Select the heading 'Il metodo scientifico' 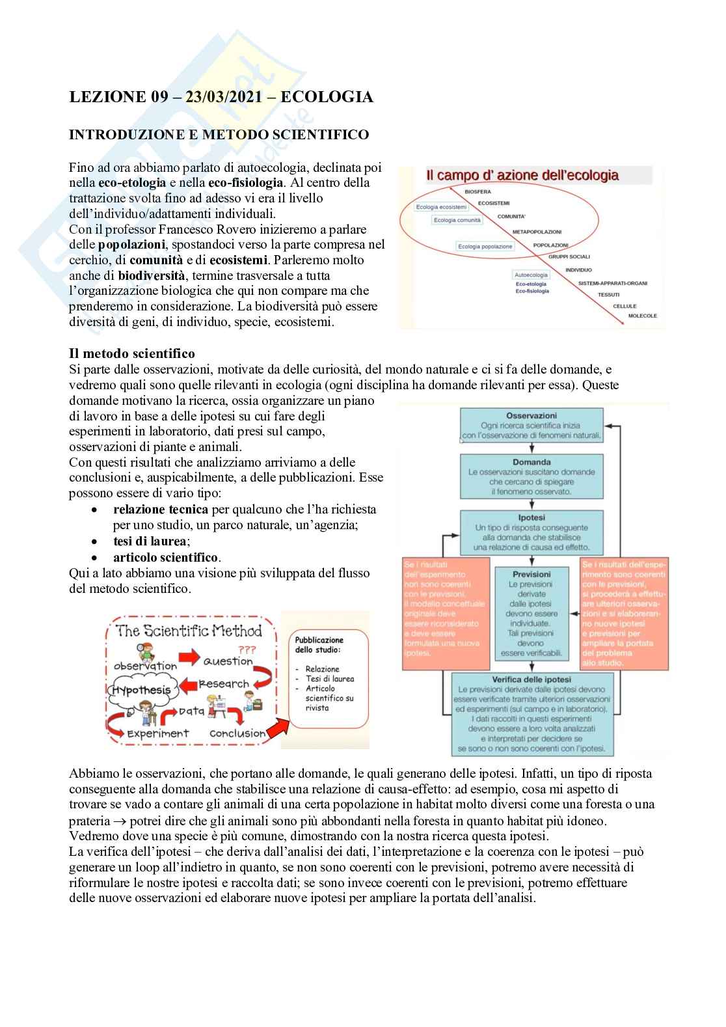point(132,353)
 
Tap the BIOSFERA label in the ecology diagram point(478,192)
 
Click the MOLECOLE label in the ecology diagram point(642,316)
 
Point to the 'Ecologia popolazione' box point(485,247)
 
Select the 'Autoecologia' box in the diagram point(531,275)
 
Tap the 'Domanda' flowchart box point(531,476)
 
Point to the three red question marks point(247,650)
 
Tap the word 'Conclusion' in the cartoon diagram point(238,733)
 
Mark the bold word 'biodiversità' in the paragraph point(152,275)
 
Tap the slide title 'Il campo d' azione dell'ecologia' point(522,175)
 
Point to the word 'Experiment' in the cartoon point(157,733)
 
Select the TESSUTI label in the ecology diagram point(608,295)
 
